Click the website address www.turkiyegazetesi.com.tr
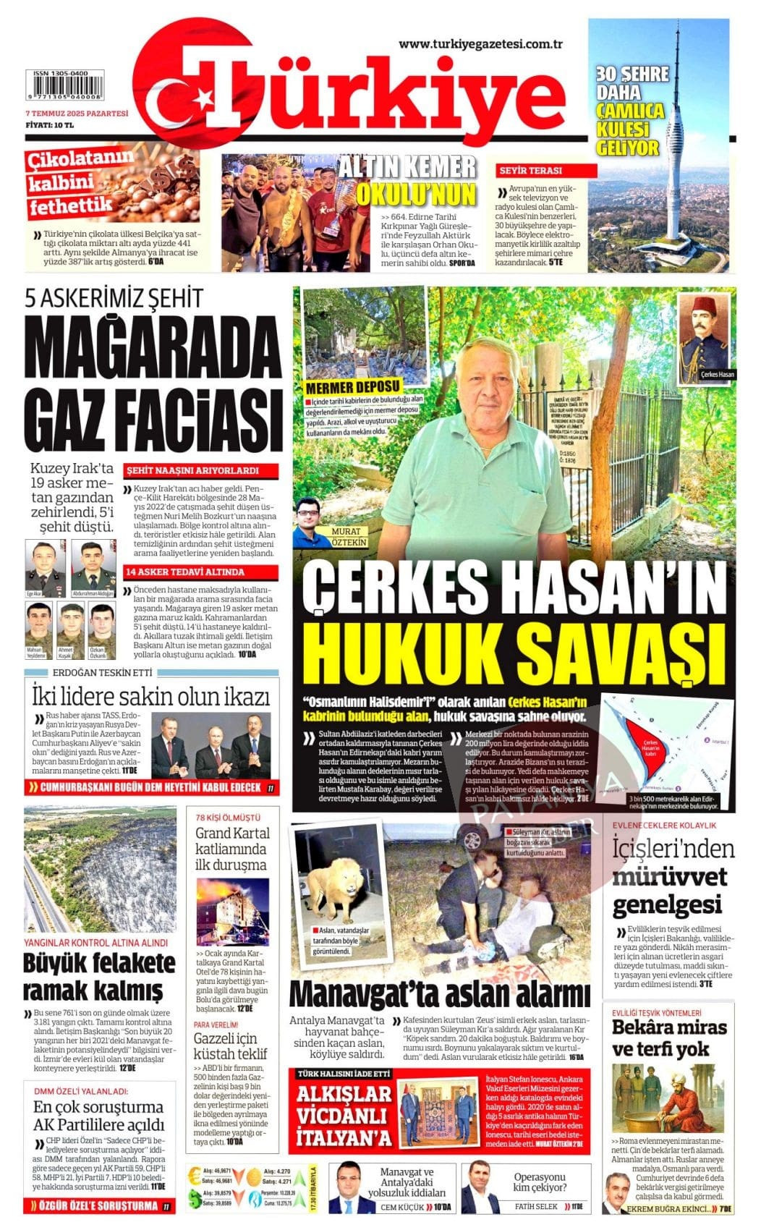481,45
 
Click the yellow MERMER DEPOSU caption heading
352,387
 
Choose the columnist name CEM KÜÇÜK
401,1208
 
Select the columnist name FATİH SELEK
536,1206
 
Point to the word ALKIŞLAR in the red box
344,1094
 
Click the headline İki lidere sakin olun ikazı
151,696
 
